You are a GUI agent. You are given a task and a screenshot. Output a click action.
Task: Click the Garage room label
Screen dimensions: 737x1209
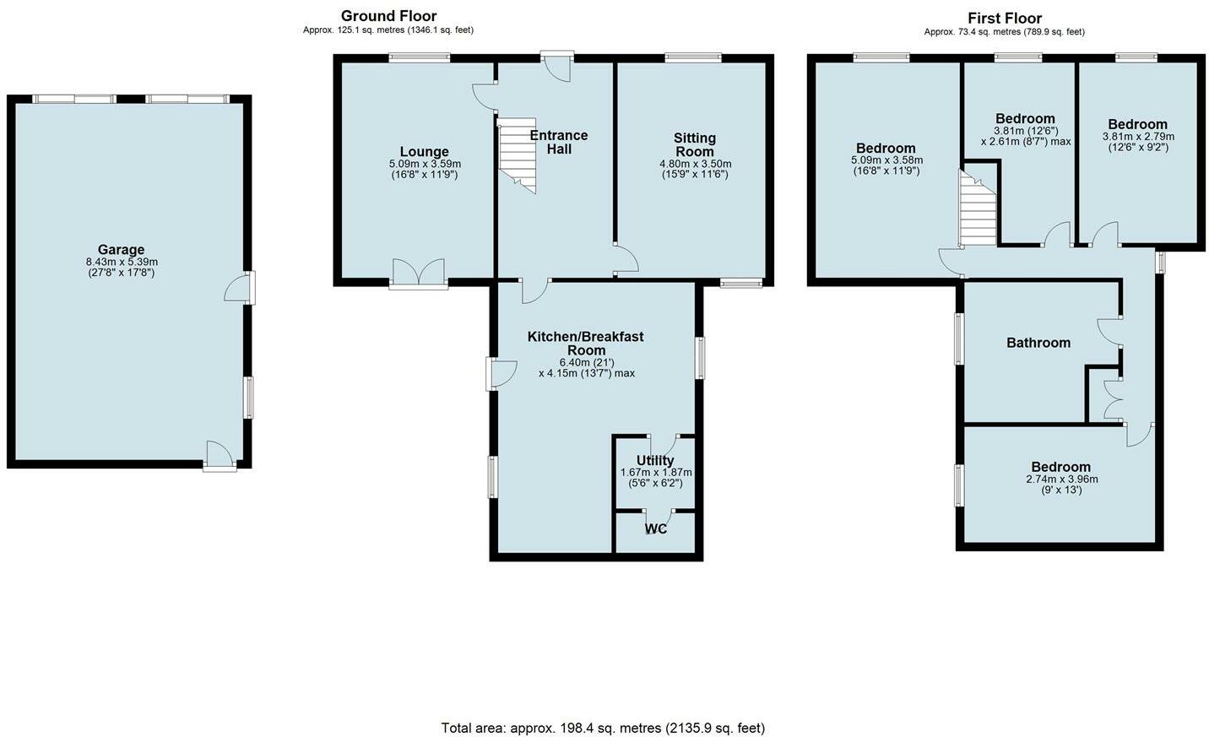[121, 250]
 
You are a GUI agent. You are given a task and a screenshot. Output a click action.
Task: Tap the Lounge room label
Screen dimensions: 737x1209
[425, 152]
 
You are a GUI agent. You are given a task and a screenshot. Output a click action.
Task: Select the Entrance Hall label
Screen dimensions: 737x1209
[558, 142]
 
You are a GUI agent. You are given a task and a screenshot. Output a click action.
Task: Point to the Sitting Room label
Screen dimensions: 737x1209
[695, 144]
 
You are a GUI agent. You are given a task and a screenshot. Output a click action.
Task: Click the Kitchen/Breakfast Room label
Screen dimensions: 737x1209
[586, 343]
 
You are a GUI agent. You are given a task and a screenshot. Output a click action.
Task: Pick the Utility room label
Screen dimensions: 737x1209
[655, 460]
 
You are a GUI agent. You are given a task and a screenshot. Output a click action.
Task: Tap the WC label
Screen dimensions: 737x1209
[656, 529]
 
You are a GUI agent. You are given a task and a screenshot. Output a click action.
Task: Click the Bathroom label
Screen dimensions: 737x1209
[1038, 343]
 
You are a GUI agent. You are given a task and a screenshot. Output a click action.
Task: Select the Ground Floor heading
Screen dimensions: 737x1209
[388, 16]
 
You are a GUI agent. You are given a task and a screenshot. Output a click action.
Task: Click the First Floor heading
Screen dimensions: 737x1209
[1004, 18]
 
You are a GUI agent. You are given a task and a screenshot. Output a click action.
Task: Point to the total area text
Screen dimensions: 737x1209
[603, 728]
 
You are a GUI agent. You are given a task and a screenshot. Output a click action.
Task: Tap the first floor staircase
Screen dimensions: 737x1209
[978, 208]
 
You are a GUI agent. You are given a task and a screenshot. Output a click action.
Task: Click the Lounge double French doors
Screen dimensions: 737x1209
[418, 272]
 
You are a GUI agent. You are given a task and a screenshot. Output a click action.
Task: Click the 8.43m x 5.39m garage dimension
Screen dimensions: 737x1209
[121, 263]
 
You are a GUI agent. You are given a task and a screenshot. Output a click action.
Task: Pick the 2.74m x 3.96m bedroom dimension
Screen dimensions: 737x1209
[1060, 480]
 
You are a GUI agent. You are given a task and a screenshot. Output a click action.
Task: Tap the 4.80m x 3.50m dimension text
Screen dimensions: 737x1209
[695, 165]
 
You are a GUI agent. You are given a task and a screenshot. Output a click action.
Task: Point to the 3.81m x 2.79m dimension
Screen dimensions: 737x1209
[1138, 137]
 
